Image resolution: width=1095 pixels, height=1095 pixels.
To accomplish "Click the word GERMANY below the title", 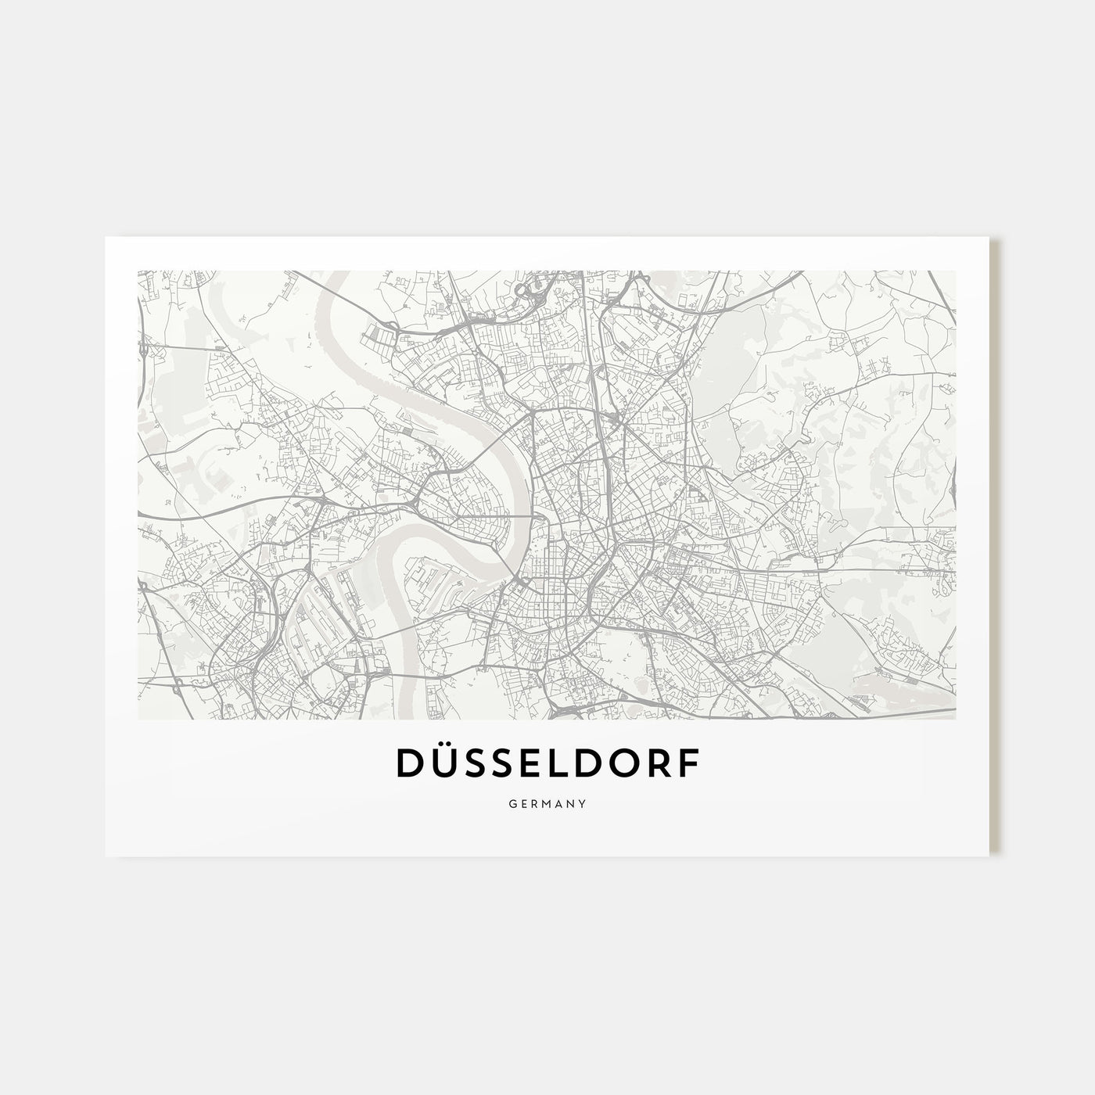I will point(547,803).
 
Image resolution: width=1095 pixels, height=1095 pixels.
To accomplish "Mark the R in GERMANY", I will point(533,803).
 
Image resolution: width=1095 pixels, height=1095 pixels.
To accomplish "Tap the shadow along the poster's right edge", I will point(996,547).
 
